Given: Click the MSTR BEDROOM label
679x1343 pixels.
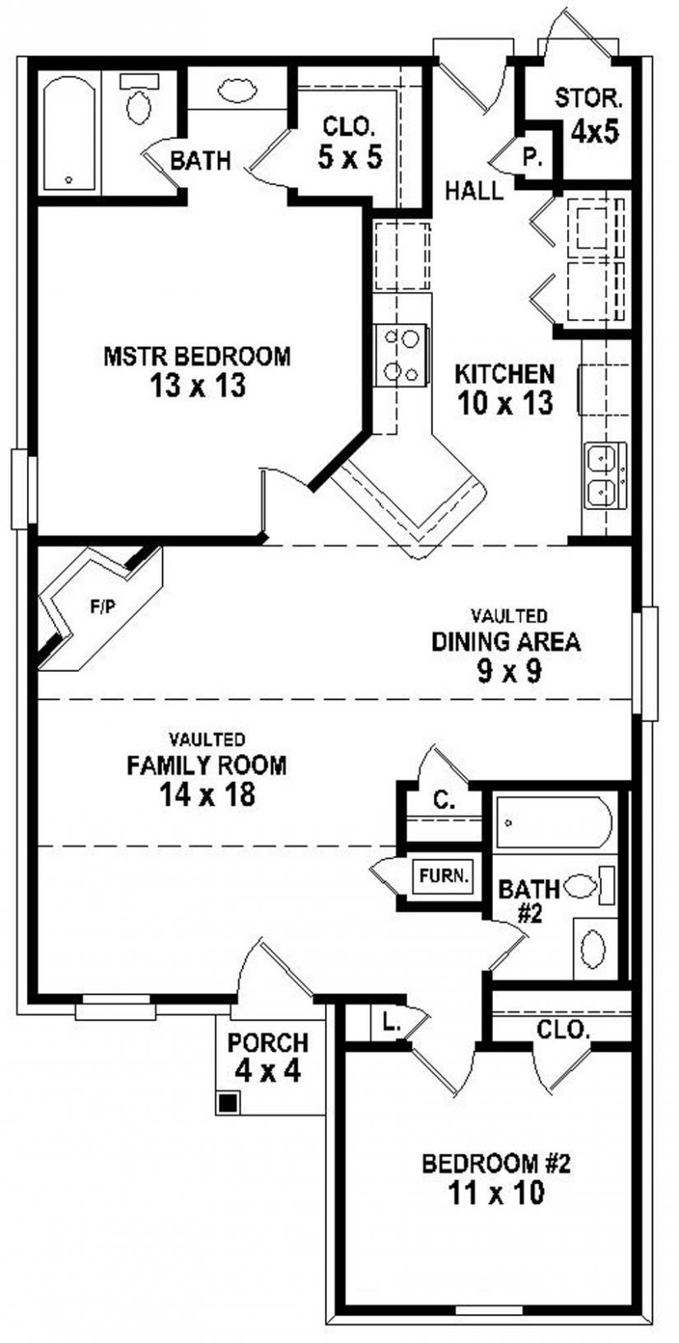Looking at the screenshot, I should tap(197, 356).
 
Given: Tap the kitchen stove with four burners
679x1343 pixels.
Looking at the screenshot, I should tap(401, 355).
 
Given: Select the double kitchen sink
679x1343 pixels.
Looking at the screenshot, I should tap(606, 475).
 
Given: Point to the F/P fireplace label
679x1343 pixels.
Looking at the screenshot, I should tap(103, 608).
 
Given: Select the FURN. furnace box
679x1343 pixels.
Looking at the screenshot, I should tap(444, 876).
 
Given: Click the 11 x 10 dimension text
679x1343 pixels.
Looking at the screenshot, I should tap(495, 1192).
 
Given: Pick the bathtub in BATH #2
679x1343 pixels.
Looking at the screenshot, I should tap(553, 822).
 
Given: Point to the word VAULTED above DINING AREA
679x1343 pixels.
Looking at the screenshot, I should tap(509, 615).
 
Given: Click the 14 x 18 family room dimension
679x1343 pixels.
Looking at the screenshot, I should tap(207, 794).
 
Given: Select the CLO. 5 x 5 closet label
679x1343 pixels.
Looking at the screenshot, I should tap(350, 142).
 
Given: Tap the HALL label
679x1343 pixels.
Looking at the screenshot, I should tap(473, 192).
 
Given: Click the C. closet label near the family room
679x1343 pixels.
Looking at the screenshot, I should tap(444, 800).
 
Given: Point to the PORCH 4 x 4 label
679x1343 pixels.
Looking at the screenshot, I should tap(267, 1057).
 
